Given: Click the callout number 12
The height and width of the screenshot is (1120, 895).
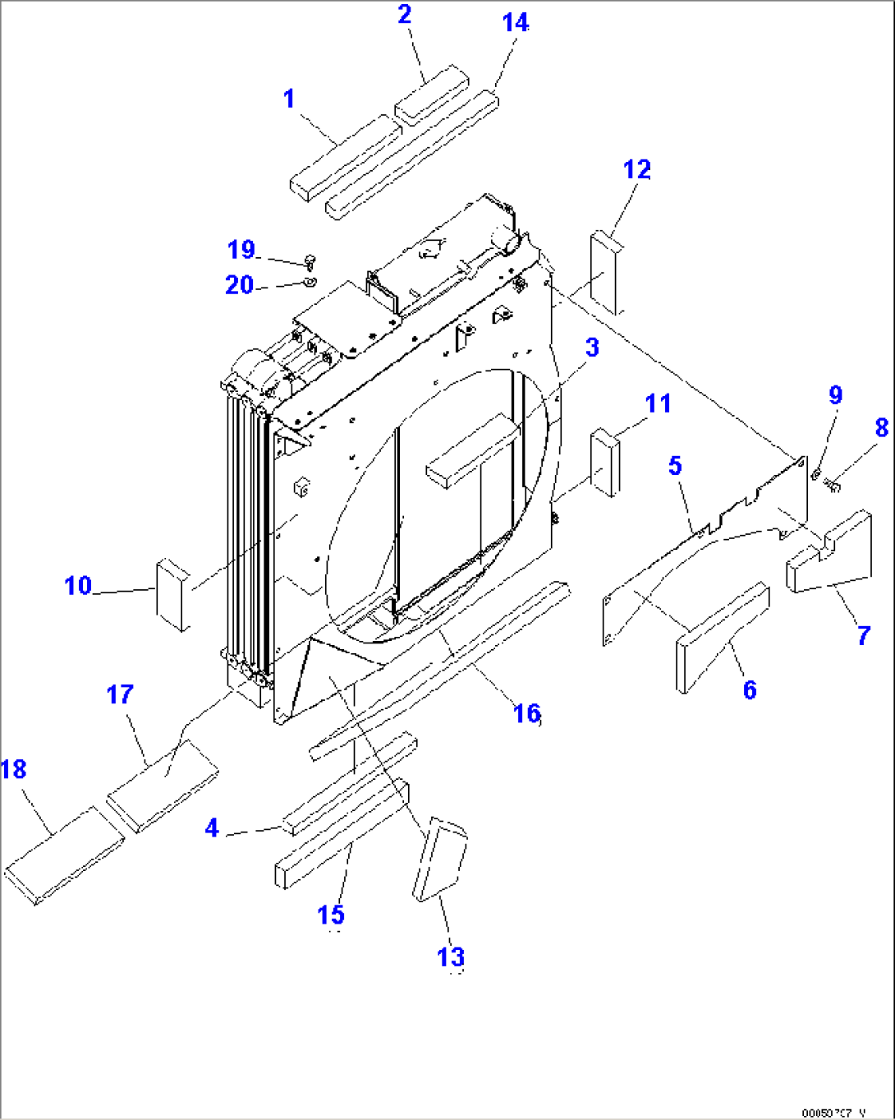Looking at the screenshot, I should pyautogui.click(x=637, y=170).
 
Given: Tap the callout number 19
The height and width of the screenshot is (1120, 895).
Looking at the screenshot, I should pyautogui.click(x=241, y=250).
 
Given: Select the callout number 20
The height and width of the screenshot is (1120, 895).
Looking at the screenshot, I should pyautogui.click(x=239, y=285).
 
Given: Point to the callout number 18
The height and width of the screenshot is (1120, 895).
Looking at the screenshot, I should pyautogui.click(x=14, y=770).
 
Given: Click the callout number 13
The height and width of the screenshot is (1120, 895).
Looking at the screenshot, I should pyautogui.click(x=451, y=957).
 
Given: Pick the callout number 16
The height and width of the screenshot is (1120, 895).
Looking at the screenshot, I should pyautogui.click(x=526, y=713).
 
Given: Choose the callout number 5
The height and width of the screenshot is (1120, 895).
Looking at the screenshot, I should pyautogui.click(x=675, y=466).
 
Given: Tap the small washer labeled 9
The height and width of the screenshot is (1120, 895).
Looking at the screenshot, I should pyautogui.click(x=817, y=473).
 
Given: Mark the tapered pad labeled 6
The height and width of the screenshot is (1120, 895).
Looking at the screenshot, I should pyautogui.click(x=721, y=637).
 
